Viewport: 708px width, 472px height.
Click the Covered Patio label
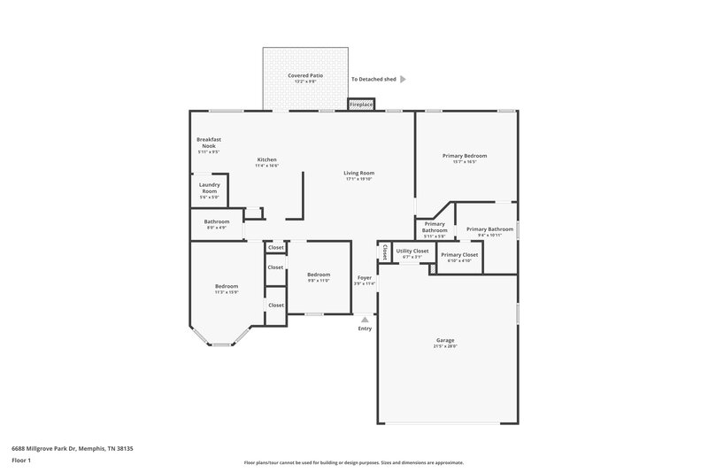[x=304, y=76]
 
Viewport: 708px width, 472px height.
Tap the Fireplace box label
[x=361, y=104]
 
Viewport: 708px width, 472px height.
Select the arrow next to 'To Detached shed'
[x=403, y=79]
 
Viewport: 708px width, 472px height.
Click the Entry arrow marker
[x=364, y=318]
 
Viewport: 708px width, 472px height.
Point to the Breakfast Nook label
[x=208, y=142]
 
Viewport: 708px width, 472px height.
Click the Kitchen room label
[x=267, y=159]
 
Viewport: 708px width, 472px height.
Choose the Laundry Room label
[x=209, y=189]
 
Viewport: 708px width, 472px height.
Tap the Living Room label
[x=359, y=173]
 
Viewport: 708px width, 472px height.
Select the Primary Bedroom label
[x=465, y=156]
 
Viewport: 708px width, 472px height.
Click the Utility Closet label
[x=412, y=251]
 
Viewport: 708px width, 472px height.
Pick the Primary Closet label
[x=459, y=255]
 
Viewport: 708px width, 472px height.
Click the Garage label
[x=445, y=340]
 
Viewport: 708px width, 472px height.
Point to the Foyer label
[x=365, y=278]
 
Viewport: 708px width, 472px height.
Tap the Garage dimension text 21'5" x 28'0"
[x=445, y=346]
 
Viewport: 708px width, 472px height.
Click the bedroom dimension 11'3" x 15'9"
[x=227, y=292]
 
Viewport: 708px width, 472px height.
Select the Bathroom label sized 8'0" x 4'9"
[x=217, y=221]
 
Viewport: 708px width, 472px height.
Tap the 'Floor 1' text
[x=21, y=461]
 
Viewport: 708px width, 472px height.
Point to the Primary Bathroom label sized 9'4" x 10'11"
[x=489, y=228]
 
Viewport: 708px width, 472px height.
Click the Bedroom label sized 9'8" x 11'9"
[x=319, y=275]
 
